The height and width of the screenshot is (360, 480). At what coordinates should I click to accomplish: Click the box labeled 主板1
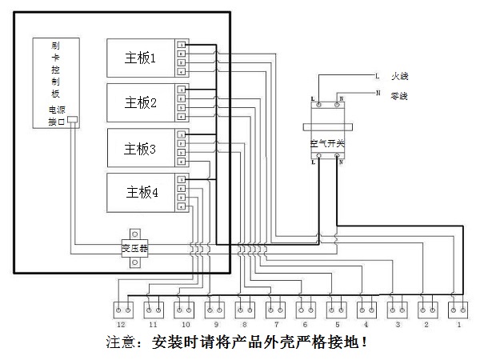(141, 58)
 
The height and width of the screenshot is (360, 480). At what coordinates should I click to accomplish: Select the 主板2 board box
(141, 103)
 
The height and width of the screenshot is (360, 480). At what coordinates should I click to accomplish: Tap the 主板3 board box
(141, 148)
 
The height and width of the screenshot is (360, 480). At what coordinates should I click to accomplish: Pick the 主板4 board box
(141, 193)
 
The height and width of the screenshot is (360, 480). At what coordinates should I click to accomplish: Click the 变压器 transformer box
(134, 247)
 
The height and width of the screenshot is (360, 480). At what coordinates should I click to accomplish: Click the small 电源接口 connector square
(72, 121)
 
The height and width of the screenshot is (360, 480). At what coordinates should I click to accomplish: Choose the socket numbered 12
(123, 308)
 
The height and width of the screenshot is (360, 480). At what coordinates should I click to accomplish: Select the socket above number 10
(184, 308)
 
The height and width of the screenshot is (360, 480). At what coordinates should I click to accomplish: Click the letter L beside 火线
(377, 77)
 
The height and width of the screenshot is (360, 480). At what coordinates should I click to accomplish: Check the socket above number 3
(398, 308)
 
